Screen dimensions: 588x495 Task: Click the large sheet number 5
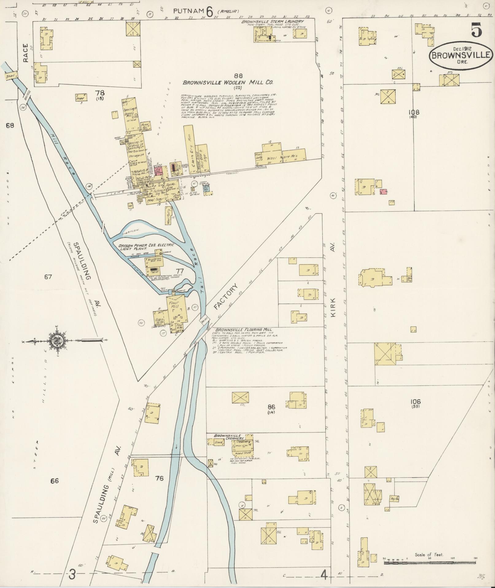coord(476,31)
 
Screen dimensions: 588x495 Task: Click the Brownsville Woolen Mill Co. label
coord(228,82)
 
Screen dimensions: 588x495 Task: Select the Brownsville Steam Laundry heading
coord(272,22)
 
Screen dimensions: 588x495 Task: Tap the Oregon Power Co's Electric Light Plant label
coord(146,247)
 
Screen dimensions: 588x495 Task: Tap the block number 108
coord(416,112)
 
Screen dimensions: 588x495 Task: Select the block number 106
coord(415,401)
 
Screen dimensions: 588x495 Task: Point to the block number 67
coord(48,277)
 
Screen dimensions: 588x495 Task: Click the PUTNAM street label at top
coord(188,11)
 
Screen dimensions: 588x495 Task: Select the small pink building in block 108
coord(383,191)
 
